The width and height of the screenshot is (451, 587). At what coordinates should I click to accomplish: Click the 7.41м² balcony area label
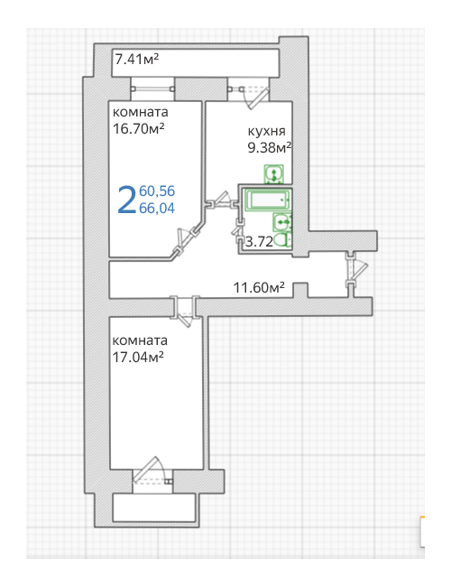tap(137, 59)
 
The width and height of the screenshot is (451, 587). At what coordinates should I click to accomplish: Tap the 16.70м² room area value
tap(138, 128)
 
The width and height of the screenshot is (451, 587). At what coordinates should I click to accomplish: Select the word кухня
tap(267, 131)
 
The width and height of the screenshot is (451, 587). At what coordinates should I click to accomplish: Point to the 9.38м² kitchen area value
tap(270, 147)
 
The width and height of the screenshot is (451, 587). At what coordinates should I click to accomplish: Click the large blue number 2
tap(126, 200)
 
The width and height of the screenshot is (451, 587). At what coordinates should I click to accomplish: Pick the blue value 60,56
tap(157, 191)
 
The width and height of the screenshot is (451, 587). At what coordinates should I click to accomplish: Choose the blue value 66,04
tap(157, 208)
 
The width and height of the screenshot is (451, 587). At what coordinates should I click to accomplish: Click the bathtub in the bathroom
tap(267, 200)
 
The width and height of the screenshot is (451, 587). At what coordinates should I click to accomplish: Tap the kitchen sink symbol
tap(274, 174)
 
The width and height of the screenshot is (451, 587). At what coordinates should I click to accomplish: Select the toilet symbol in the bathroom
tap(283, 239)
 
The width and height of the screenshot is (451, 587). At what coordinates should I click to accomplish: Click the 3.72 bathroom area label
tap(259, 241)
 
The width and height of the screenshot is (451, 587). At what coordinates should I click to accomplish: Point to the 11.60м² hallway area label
tap(259, 287)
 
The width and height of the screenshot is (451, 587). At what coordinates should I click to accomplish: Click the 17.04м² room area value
tap(138, 357)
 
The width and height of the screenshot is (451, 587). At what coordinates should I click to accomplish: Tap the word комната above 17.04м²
tap(140, 340)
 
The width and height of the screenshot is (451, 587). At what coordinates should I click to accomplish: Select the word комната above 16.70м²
tap(140, 112)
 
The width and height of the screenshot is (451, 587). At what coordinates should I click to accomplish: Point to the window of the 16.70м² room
tap(152, 89)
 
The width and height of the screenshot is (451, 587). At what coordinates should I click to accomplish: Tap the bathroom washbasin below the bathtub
tap(282, 221)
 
